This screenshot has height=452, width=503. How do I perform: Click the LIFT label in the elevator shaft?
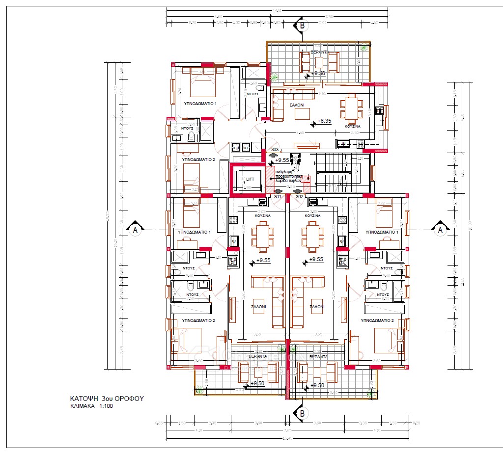250,180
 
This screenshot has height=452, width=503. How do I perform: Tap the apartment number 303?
275,150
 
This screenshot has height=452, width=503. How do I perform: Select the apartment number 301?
277,197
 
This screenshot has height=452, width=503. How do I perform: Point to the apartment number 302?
299,197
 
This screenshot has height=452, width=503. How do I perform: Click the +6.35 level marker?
325,120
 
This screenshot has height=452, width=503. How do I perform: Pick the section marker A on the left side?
134,229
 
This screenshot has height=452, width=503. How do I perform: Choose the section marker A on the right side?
440,229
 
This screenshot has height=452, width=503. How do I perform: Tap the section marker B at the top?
302,25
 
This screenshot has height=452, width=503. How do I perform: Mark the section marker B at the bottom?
302,414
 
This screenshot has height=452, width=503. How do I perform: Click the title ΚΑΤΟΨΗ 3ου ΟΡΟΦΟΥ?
106,399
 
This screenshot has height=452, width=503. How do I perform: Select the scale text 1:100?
110,407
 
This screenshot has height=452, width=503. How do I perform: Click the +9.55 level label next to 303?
282,160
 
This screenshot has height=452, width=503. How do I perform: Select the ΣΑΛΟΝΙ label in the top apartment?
296,105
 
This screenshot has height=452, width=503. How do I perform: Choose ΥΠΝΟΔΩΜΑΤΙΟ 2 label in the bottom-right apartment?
377,320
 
